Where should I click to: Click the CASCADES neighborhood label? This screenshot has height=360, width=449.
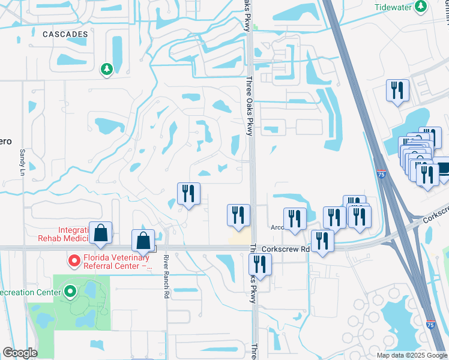coord(65,34)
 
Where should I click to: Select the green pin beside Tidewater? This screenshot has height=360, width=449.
coord(422,6)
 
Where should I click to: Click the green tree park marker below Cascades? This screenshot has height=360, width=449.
coord(107,70)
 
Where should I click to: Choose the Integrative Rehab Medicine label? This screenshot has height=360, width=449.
coord(73,235)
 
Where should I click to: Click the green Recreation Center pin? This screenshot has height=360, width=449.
coord(70,292)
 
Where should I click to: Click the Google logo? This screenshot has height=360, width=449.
coord(19,353)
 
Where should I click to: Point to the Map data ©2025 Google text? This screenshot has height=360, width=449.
coord(411,355)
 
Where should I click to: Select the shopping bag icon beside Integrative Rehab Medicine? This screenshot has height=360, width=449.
coord(101,233)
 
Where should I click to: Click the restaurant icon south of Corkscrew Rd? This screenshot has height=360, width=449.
coord(261,264)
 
